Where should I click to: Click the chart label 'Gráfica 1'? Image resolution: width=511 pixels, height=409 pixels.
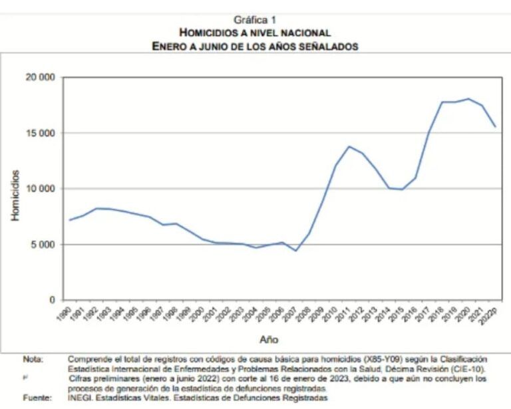pos(255,20)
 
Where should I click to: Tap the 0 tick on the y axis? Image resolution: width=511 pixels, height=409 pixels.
pos(52,300)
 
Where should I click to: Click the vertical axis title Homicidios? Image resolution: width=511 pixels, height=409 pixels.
pos(15,195)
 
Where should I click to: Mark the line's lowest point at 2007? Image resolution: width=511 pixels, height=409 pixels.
pos(295,251)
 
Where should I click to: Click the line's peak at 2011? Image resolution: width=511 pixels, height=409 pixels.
pos(349,146)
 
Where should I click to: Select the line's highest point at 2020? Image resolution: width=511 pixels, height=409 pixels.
pos(468,99)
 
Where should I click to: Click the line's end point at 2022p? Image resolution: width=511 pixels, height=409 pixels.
pos(495,126)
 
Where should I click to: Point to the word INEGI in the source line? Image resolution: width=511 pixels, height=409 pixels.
pos(80,397)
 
